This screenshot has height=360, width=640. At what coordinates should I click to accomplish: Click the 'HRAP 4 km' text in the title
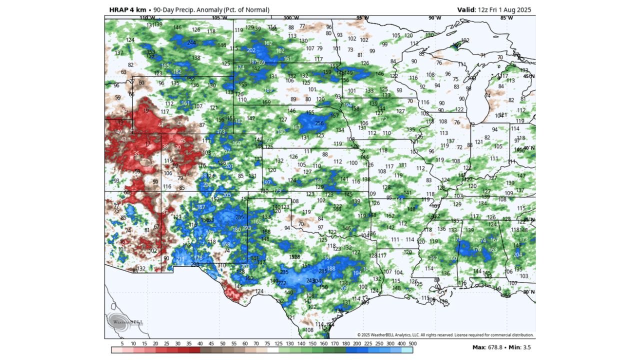click(x=124, y=9)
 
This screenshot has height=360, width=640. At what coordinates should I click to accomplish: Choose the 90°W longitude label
click(x=435, y=18)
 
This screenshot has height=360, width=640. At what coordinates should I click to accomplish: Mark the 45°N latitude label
click(x=528, y=76)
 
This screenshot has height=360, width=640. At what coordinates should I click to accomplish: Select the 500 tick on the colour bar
click(x=412, y=343)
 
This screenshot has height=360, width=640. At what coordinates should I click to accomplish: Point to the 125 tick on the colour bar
click(x=278, y=343)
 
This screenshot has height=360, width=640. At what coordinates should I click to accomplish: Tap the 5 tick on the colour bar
click(x=122, y=343)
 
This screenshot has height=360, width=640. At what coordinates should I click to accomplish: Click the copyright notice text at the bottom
click(x=445, y=335)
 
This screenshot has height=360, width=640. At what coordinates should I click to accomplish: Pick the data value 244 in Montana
click(x=191, y=43)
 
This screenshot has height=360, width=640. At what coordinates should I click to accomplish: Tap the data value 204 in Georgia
click(x=517, y=254)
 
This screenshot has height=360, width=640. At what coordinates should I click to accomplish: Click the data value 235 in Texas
click(x=284, y=272)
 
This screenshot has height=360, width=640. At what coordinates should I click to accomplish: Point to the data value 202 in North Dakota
click(x=251, y=50)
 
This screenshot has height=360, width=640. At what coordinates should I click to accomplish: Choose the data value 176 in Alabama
click(x=476, y=249)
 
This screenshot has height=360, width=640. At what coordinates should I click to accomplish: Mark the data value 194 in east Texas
click(x=357, y=273)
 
